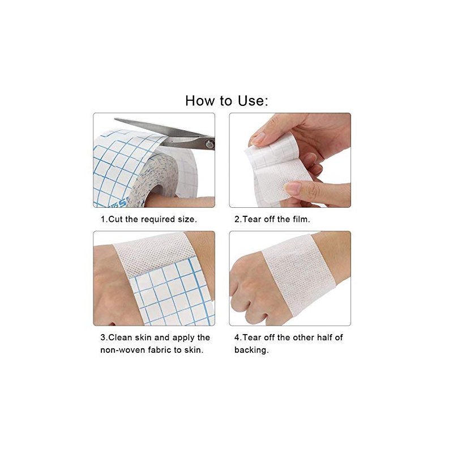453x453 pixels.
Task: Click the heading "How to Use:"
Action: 227,101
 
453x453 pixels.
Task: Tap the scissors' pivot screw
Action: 209,144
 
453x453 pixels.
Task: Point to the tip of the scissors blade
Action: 115,119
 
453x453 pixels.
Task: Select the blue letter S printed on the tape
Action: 123,203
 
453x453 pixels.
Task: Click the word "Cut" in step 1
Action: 116,219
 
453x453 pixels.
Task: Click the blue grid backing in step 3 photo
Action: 173,294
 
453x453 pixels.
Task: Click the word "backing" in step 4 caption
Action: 250,350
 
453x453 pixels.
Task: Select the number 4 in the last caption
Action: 237,337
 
